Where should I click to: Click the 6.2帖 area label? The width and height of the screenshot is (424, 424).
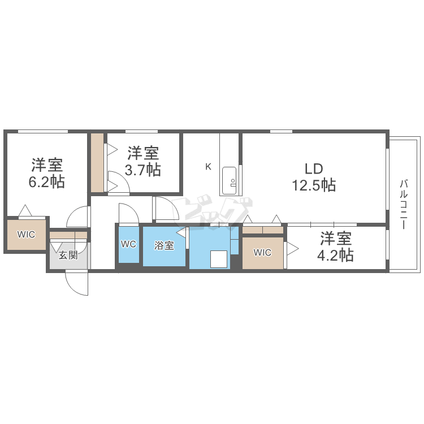tap(46, 181)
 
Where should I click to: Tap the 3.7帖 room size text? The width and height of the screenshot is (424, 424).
tap(143, 170)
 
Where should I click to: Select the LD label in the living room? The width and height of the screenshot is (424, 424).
tap(314, 169)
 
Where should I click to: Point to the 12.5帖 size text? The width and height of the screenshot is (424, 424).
tap(314, 185)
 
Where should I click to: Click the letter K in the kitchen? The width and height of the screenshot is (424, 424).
tap(208, 167)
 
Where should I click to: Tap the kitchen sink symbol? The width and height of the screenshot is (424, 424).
tap(230, 180)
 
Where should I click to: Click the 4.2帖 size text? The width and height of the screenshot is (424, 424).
tap(335, 255)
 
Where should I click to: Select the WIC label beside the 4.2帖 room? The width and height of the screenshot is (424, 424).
tap(262, 253)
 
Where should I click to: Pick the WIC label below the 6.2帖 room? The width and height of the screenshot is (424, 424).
tap(26, 235)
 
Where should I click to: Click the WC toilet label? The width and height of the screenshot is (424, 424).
tap(128, 244)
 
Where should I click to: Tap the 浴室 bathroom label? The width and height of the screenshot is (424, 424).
tap(164, 245)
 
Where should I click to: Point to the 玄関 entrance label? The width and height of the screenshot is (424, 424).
tap(68, 255)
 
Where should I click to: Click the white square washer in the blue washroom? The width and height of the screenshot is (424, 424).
tap(219, 259)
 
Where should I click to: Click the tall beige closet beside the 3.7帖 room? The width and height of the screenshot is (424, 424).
tap(97, 163)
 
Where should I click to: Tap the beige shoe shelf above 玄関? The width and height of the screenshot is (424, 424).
tap(68, 235)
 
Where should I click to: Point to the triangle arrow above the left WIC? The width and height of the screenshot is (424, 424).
tap(25, 210)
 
